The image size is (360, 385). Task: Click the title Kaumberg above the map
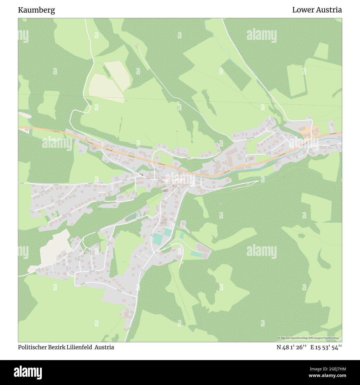(x=37, y=10)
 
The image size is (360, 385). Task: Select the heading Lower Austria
(x=317, y=10)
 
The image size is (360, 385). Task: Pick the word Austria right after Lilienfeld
(x=104, y=347)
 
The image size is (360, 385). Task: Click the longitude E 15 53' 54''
(x=326, y=347)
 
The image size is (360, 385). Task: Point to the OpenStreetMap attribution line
(x=309, y=338)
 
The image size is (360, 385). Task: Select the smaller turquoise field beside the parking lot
(x=167, y=232)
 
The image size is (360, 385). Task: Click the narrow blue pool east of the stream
(x=182, y=235)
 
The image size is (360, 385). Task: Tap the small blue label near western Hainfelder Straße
(x=80, y=151)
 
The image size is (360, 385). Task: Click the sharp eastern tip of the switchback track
(x=258, y=181)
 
